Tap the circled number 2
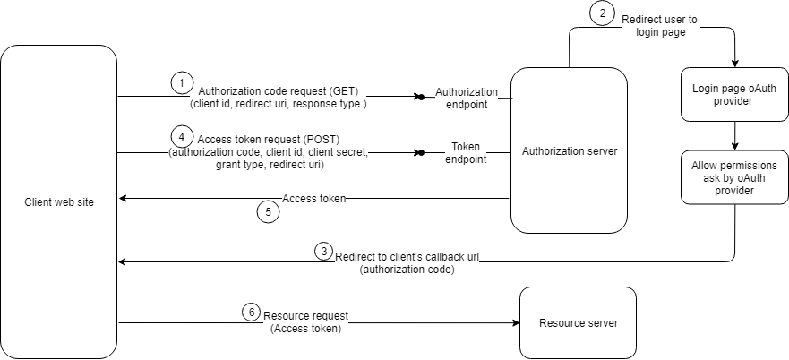click(602, 14)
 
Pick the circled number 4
click(183, 137)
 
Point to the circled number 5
click(266, 212)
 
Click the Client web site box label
click(59, 202)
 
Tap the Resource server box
click(578, 322)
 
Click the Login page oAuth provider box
click(735, 95)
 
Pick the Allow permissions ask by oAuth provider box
click(735, 178)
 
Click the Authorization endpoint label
click(466, 97)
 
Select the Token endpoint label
click(466, 152)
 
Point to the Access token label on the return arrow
click(313, 198)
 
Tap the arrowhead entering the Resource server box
click(516, 322)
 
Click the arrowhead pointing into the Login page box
click(735, 64)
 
